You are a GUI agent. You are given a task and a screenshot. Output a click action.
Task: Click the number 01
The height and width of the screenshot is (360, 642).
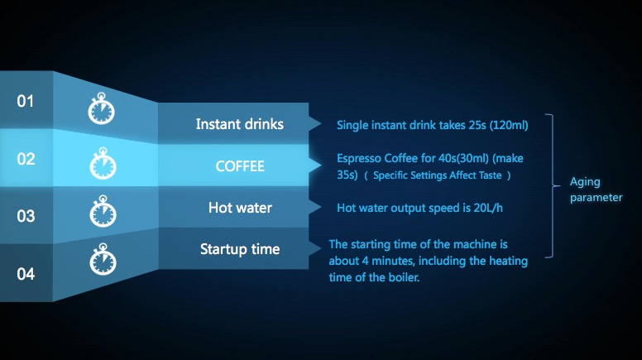click(25, 101)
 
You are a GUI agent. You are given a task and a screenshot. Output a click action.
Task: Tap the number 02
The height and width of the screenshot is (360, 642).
click(26, 159)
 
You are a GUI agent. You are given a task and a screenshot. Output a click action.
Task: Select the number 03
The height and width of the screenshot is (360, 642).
click(26, 216)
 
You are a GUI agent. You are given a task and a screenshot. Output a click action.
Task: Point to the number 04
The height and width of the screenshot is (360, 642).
click(26, 274)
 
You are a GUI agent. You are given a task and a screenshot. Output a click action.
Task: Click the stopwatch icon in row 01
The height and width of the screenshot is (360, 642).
click(102, 108)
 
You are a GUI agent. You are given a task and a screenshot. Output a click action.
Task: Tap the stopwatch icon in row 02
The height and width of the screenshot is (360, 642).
click(103, 163)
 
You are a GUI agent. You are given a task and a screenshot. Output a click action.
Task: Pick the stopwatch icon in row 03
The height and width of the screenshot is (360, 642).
click(103, 211)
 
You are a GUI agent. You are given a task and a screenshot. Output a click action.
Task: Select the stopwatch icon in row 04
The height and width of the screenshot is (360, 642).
click(103, 259)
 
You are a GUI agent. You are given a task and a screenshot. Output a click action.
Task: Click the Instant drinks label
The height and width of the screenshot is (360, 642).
click(240, 123)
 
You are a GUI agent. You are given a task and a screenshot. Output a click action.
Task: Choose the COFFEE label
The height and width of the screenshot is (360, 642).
click(240, 166)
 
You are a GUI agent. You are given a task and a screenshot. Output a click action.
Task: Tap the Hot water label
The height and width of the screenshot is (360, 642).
click(240, 208)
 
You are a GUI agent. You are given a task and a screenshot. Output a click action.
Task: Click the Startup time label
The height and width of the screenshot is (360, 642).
click(240, 249)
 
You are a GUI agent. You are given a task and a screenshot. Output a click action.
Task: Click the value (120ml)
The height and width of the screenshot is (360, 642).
click(509, 125)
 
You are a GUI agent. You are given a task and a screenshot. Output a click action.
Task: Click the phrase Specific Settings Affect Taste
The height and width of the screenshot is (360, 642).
click(438, 175)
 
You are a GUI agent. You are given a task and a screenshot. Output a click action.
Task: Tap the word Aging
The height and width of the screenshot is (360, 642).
click(585, 182)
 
